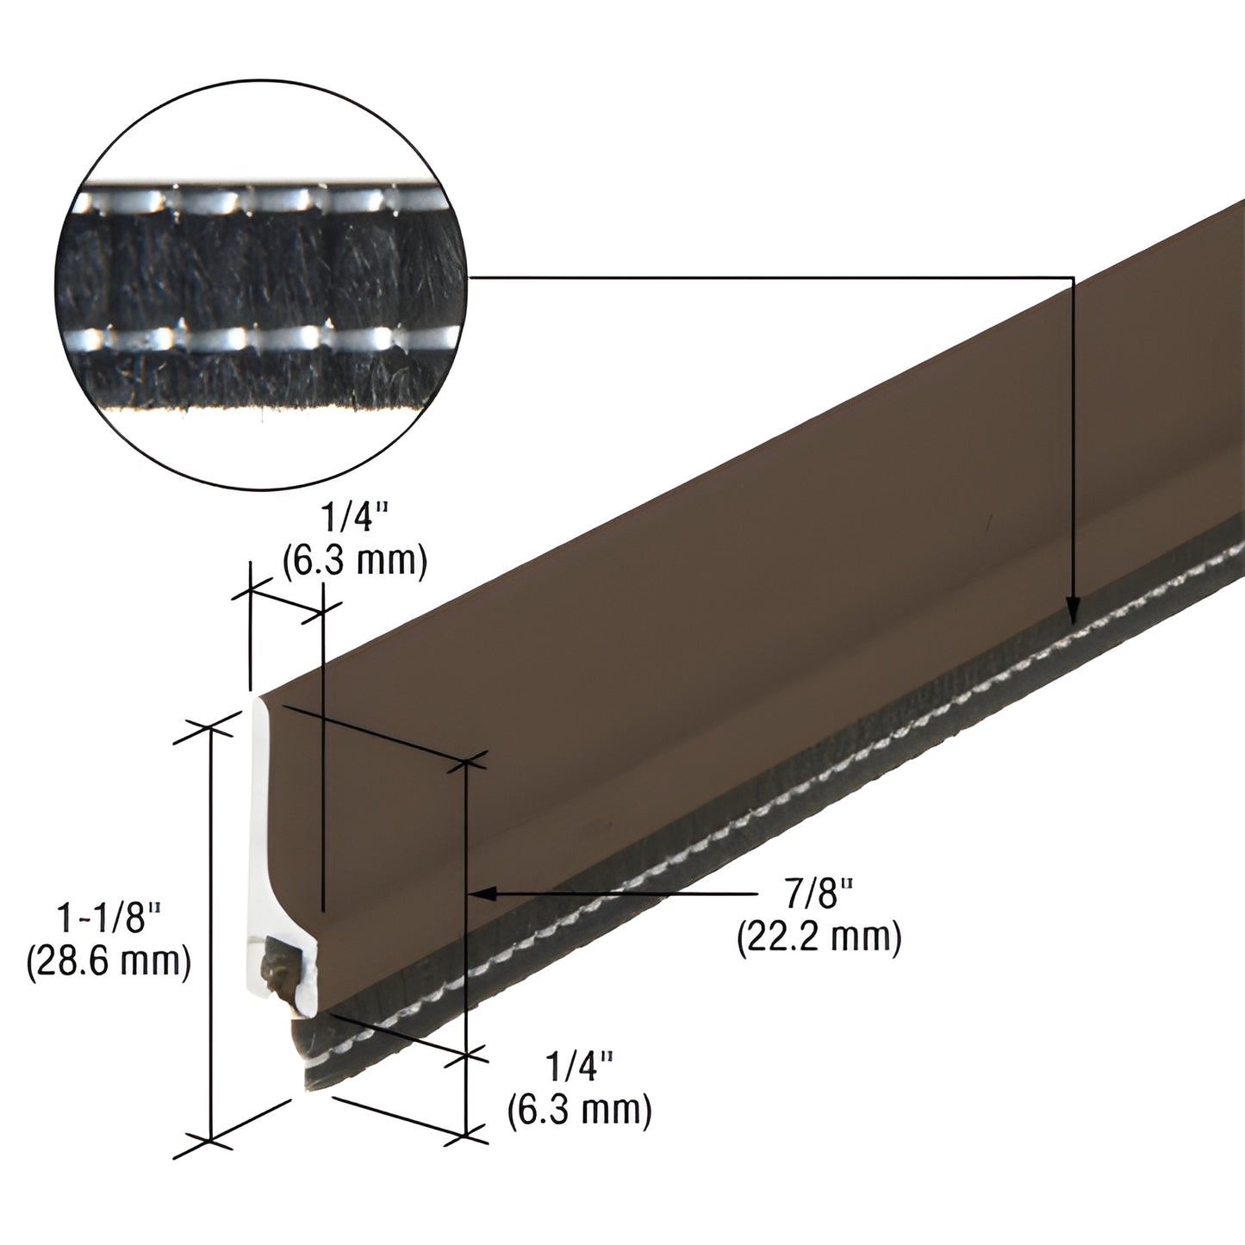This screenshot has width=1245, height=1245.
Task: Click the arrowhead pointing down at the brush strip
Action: click(x=1073, y=610)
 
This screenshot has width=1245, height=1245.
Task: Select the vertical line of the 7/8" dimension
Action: click(x=465, y=948)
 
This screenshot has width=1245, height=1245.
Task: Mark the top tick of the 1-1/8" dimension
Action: click(x=209, y=727)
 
